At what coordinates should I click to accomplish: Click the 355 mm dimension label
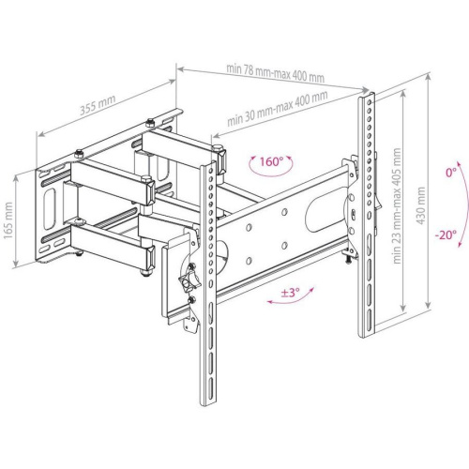(98, 105)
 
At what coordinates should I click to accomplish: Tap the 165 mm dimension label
(8, 220)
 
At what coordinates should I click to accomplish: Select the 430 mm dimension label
(421, 205)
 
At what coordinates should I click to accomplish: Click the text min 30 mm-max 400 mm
(278, 108)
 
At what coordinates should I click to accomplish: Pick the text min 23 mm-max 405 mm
(397, 205)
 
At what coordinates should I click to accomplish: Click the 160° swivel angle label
(271, 162)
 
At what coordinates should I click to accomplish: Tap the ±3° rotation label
(290, 293)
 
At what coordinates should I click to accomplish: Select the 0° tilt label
(451, 173)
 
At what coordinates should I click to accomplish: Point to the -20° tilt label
(446, 234)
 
